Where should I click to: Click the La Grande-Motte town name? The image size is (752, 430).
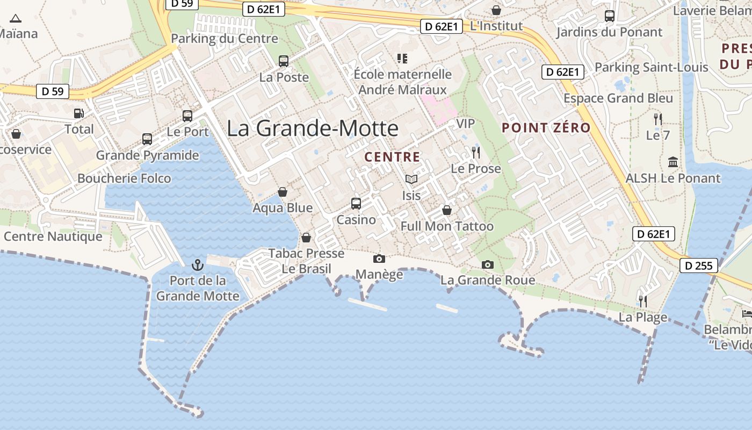click(313, 128)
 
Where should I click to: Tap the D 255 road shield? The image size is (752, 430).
click(698, 265)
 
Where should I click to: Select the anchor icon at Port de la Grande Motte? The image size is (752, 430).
click(198, 265)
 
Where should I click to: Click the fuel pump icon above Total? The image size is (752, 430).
click(79, 113)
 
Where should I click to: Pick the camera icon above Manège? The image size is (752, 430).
click(379, 259)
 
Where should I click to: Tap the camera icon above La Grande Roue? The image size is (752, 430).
click(487, 264)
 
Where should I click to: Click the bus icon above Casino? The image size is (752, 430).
click(356, 204)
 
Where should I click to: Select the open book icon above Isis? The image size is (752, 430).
click(411, 180)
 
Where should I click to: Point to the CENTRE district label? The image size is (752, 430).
click(392, 157)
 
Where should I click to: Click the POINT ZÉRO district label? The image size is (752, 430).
click(546, 128)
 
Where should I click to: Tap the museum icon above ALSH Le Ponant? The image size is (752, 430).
click(673, 162)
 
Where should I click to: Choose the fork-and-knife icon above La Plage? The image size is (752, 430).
click(642, 301)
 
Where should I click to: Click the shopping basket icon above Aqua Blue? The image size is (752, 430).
click(283, 192)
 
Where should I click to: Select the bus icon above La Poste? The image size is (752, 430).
click(283, 61)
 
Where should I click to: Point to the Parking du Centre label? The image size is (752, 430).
click(225, 39)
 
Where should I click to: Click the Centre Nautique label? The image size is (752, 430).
click(53, 236)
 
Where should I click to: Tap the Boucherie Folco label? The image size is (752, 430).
click(124, 178)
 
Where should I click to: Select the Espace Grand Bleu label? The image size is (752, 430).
click(618, 98)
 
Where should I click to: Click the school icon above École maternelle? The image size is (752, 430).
click(402, 58)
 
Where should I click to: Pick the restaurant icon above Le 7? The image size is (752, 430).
click(657, 119)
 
